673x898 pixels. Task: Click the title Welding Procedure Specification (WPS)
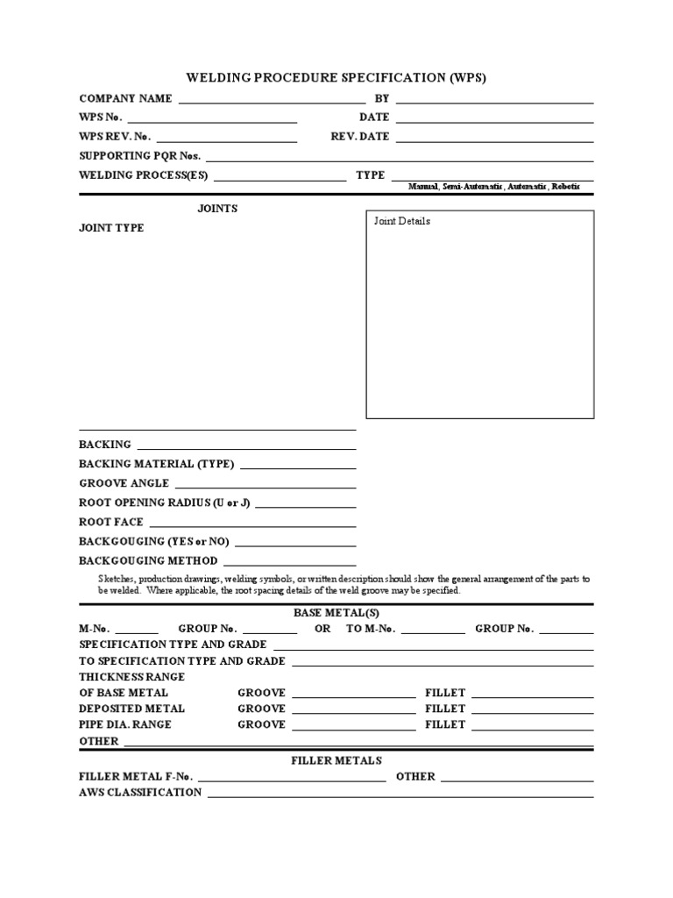[x=336, y=78]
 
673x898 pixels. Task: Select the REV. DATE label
[x=359, y=137]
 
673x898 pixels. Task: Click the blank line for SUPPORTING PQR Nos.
[x=400, y=156]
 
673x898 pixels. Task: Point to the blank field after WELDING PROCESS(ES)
[x=280, y=175]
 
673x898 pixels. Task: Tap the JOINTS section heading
[x=216, y=209]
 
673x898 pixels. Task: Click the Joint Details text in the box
[x=402, y=221]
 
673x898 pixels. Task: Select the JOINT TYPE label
[x=112, y=228]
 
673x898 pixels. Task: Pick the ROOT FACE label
[x=111, y=522]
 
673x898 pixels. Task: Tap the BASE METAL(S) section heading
[x=336, y=613]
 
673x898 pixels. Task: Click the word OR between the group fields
[x=322, y=629]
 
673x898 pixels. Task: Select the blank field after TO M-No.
[x=434, y=630]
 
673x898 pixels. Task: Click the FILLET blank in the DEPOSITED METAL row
[x=533, y=709]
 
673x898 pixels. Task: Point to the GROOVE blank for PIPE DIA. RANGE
[x=354, y=726]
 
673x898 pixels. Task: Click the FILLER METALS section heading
[x=336, y=760]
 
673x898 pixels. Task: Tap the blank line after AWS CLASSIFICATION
[x=400, y=794]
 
